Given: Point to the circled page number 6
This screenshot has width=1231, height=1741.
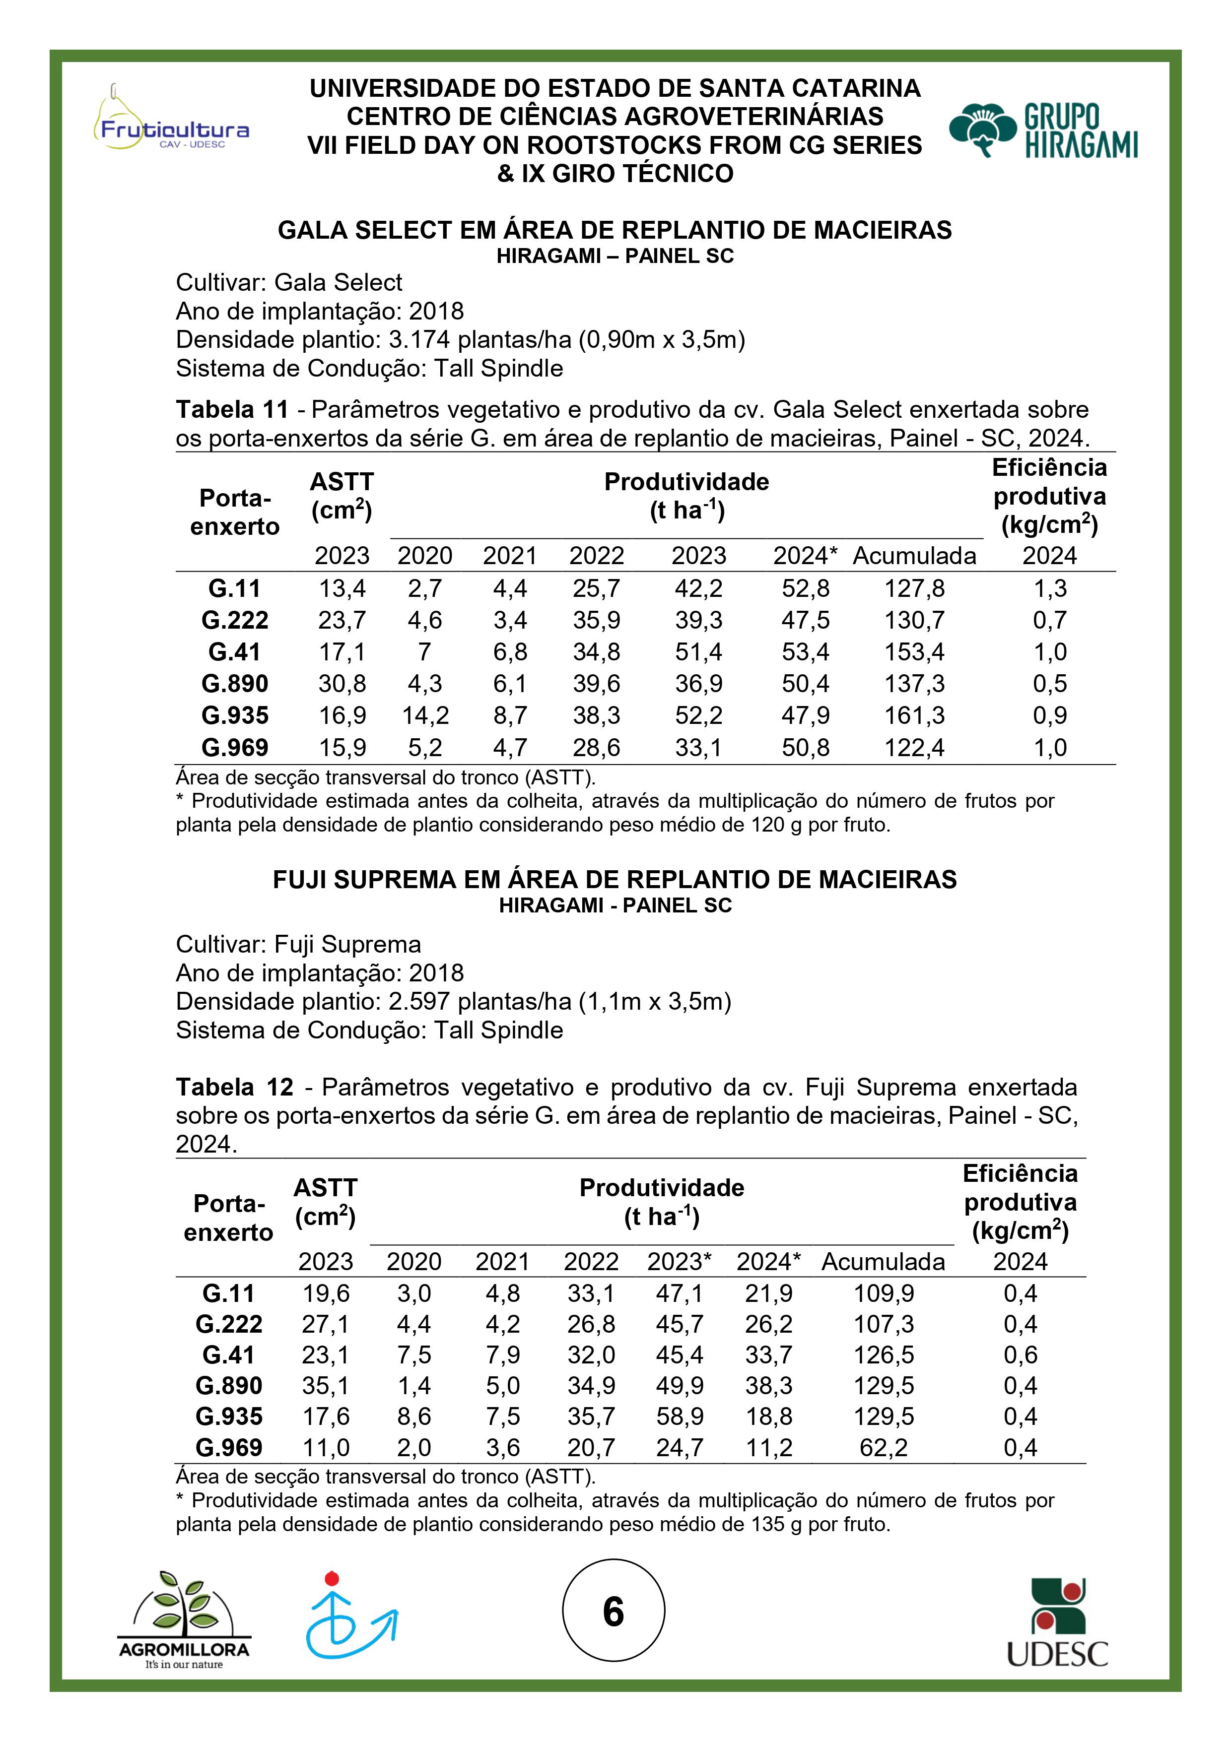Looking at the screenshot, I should pyautogui.click(x=613, y=1612).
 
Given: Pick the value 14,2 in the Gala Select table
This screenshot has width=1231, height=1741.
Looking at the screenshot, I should pyautogui.click(x=425, y=715).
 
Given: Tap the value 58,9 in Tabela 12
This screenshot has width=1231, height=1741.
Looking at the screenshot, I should pyautogui.click(x=680, y=1417).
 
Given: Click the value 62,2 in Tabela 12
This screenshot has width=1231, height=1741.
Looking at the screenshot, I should pyautogui.click(x=884, y=1448).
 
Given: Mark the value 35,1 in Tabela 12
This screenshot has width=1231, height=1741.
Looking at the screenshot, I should pyautogui.click(x=326, y=1385).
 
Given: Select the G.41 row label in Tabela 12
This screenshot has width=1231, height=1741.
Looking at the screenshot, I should pyautogui.click(x=228, y=1355).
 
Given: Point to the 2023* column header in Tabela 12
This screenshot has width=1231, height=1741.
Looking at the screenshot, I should pyautogui.click(x=680, y=1262).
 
